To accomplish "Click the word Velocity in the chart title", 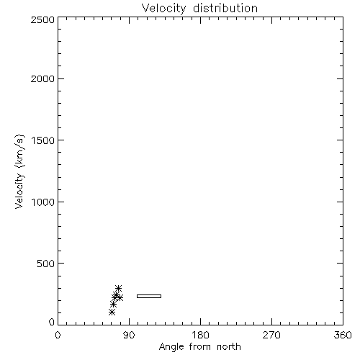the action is pyautogui.click(x=163, y=9).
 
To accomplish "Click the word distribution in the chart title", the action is pyautogui.click(x=225, y=8).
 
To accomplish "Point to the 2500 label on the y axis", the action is pyautogui.click(x=42, y=19).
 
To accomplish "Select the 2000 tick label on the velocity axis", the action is pyautogui.click(x=42, y=78).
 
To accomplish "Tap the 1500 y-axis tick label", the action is pyautogui.click(x=43, y=140).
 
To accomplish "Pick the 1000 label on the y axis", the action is pyautogui.click(x=43, y=202).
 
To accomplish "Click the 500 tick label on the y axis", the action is pyautogui.click(x=46, y=264).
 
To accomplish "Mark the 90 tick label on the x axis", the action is pyautogui.click(x=129, y=335).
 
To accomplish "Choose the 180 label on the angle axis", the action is pyautogui.click(x=200, y=335).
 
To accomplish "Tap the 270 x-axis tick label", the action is pyautogui.click(x=271, y=335).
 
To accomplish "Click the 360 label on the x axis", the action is pyautogui.click(x=343, y=335).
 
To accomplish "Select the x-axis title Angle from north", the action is pyautogui.click(x=200, y=347).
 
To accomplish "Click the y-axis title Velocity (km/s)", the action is pyautogui.click(x=19, y=171).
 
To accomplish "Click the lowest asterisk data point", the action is pyautogui.click(x=112, y=312).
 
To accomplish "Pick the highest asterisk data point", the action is pyautogui.click(x=118, y=288).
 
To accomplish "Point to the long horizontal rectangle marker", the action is pyautogui.click(x=149, y=295).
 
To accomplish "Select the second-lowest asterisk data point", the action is pyautogui.click(x=113, y=305).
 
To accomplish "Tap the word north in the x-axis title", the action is pyautogui.click(x=229, y=347).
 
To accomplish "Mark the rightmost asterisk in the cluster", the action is pyautogui.click(x=120, y=298).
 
